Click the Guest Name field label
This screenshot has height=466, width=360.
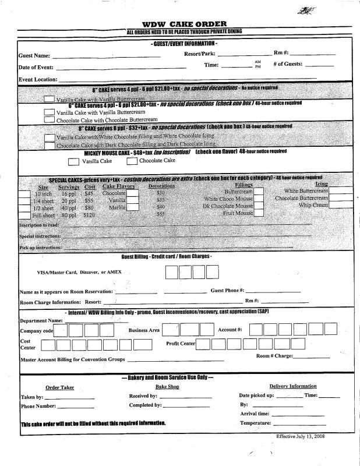34,57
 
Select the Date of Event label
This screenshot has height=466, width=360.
36,68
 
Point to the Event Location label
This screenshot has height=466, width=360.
38,79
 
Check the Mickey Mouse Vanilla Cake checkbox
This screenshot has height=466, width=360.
74,161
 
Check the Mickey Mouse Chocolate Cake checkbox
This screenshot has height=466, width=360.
132,161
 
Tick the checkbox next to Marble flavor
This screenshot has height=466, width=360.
133,207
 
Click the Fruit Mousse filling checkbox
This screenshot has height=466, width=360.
259,214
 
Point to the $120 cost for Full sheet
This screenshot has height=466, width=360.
90,215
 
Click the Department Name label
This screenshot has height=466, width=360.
41,320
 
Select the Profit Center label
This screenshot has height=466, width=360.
181,344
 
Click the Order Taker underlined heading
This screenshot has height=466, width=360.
59,387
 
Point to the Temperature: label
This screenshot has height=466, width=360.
256,422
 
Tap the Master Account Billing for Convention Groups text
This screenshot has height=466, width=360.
73,359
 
